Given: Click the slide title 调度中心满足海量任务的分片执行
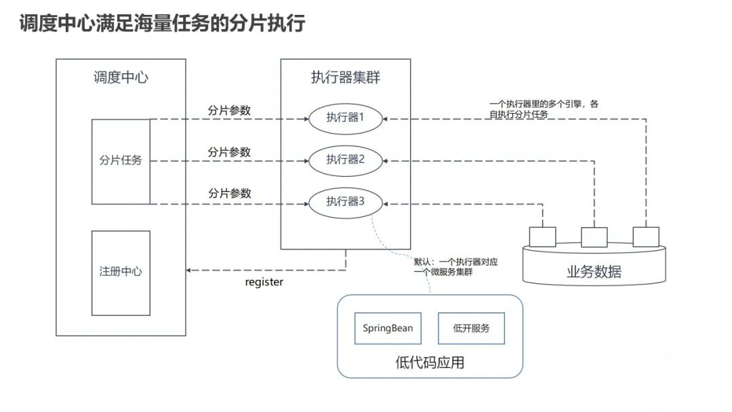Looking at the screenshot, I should pos(161,24).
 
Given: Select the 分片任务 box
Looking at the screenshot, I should pos(121,161).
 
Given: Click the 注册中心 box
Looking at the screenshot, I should pos(121,272).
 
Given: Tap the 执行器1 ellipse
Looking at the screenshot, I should pos(345,117).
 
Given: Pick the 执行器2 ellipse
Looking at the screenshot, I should pos(345,159).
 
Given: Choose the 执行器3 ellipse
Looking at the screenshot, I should pos(345,201).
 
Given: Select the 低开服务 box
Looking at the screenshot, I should pos(471,329).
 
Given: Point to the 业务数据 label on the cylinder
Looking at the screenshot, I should pos(594,272).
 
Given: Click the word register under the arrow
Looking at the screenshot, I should pos(264,283).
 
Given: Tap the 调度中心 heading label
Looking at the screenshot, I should pos(121,77).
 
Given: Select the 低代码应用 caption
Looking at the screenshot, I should pos(430,363).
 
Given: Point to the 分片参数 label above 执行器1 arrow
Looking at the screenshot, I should pos(229,110).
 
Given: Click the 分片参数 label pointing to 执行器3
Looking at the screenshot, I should pos(229,193).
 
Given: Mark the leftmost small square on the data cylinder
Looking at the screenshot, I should pos(542,236).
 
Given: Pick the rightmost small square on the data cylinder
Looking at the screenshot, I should pos(645,236).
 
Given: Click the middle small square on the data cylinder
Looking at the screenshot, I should pos(594,236).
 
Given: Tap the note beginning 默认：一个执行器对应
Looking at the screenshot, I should pos(455,266).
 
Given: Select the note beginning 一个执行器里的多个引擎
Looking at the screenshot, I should pos(544,109).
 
